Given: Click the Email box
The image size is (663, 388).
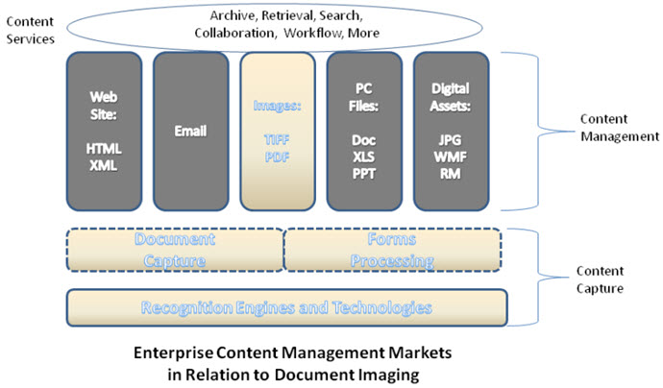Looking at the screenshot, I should click(x=190, y=131).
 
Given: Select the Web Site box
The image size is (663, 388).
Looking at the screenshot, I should click(x=104, y=131).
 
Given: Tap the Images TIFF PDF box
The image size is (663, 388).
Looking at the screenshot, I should click(x=277, y=131).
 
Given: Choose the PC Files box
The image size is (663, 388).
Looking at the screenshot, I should click(x=363, y=131).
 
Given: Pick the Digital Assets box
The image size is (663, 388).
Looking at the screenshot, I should click(x=450, y=131).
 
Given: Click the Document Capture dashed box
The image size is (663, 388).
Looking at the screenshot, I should click(x=174, y=250).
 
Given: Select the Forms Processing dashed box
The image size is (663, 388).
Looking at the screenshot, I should click(x=392, y=250).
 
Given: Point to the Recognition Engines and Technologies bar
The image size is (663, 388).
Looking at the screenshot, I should click(x=286, y=307).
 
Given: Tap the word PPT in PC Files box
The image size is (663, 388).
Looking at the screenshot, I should click(x=363, y=174).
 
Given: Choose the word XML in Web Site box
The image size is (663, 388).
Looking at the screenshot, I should click(x=104, y=165).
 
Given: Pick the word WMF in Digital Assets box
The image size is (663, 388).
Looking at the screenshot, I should click(x=450, y=157).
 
